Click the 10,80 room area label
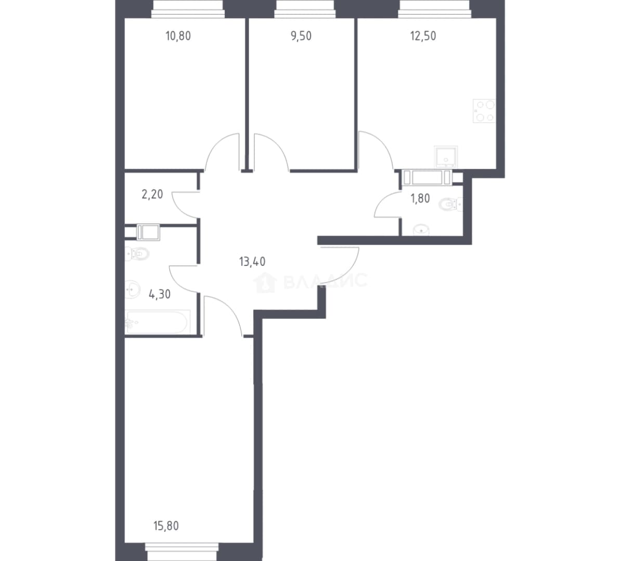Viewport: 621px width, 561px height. click(178, 36)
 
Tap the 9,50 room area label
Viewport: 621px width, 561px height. click(301, 36)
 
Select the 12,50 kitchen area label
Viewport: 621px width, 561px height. click(423, 36)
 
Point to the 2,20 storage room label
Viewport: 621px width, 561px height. click(152, 194)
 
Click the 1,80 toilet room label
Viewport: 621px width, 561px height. click(420, 198)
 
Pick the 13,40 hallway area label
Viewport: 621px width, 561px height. click(252, 261)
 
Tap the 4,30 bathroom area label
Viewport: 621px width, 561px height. click(160, 294)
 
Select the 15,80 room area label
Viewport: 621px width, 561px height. click(166, 526)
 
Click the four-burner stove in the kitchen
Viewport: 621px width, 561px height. click(484, 111)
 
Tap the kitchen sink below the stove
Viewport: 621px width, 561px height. click(446, 157)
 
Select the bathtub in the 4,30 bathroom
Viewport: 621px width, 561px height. click(158, 322)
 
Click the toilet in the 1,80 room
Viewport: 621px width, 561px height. click(450, 205)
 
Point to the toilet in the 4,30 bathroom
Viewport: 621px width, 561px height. click(137, 253)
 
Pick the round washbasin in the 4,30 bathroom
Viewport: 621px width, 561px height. click(132, 289)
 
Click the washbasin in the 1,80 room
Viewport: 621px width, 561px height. click(421, 230)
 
